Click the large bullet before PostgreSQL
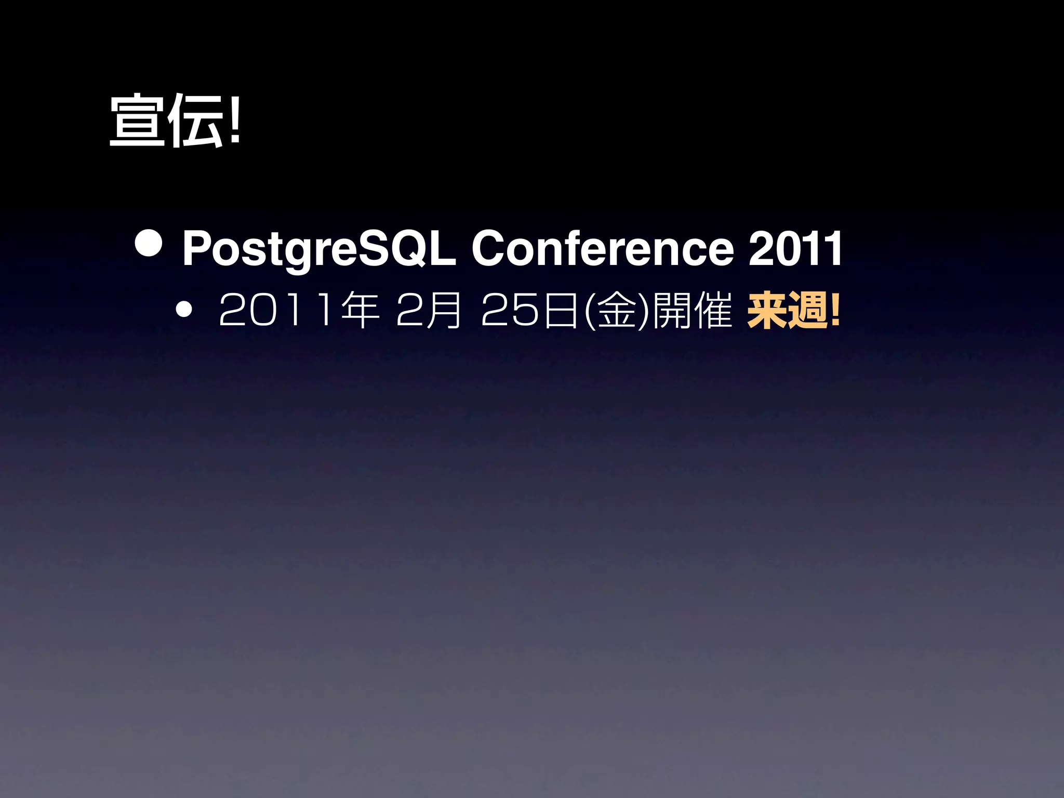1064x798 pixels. (149, 243)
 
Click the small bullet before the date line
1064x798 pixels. (183, 311)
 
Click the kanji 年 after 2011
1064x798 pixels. (360, 311)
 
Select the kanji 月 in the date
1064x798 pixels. (443, 311)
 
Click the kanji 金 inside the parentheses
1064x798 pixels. (617, 311)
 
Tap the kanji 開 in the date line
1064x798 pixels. (671, 311)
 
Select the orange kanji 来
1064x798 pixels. (766, 311)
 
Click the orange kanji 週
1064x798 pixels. (808, 311)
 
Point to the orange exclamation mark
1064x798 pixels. (835, 311)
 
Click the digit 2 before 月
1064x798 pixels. (408, 311)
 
